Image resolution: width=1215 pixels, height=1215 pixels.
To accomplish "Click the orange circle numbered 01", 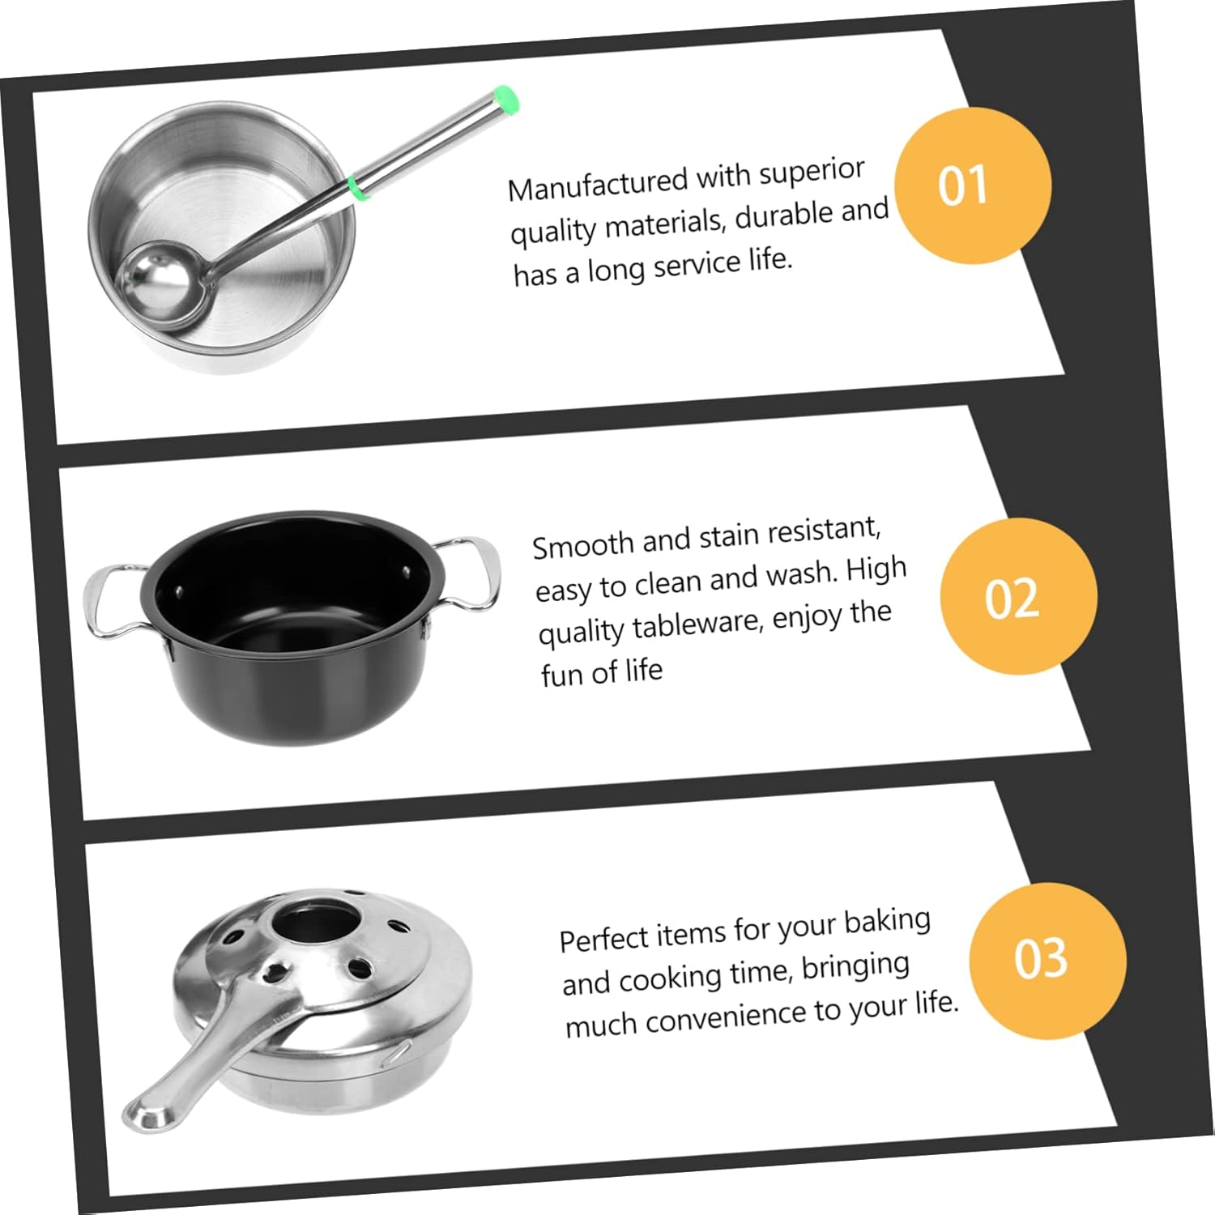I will (x=972, y=185).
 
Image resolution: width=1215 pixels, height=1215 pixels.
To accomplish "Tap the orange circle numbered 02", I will (x=1018, y=597).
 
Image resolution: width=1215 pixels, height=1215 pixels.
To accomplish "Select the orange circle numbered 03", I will (x=1047, y=960).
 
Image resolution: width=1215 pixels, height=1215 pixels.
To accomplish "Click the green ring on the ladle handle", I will (x=356, y=186).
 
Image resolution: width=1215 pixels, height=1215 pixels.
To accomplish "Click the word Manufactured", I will (x=597, y=182).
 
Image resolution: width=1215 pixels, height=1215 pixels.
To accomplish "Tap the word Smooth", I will (x=582, y=544).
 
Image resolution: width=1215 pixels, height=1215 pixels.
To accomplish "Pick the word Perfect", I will (x=604, y=938).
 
